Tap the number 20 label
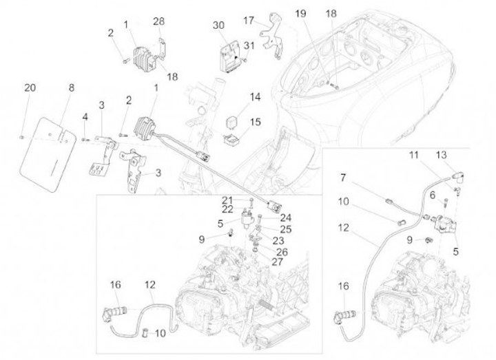(x=29, y=87)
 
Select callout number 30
(x=218, y=25)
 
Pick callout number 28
(x=158, y=22)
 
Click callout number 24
(x=285, y=216)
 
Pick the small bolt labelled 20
(x=22, y=137)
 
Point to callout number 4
(x=85, y=116)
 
